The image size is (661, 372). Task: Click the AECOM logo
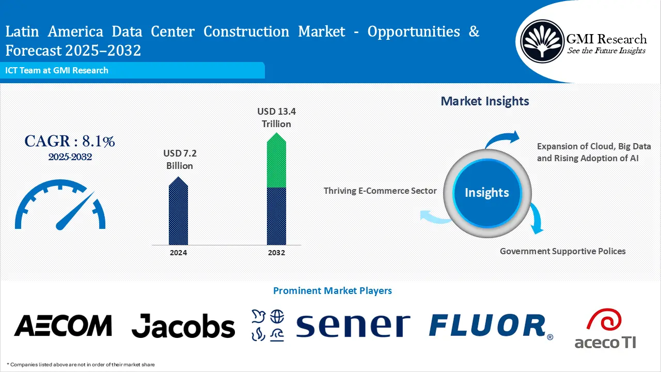click(62, 326)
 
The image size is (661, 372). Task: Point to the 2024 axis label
click(178, 253)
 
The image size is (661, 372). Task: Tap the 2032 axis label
click(276, 253)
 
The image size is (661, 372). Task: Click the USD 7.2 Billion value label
click(179, 159)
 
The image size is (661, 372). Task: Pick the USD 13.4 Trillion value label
click(276, 117)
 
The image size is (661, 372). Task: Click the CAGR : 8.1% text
click(70, 141)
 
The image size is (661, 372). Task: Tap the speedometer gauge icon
click(60, 206)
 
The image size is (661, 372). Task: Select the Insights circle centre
click(486, 193)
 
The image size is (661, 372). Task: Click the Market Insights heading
click(484, 101)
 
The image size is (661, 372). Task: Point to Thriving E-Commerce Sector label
click(380, 191)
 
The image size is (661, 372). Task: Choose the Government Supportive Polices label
click(562, 251)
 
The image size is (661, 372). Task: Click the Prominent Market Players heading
click(332, 291)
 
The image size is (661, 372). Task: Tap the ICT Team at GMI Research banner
click(57, 70)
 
